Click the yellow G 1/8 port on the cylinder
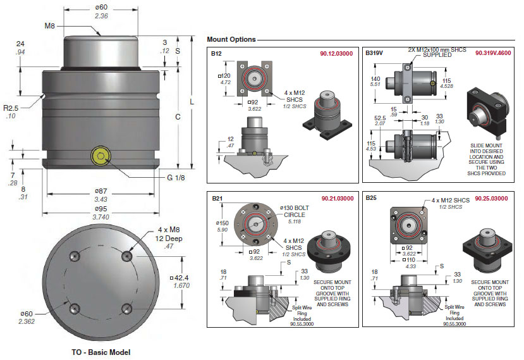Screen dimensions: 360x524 pos(100,156)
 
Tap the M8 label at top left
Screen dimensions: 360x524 pos(50,26)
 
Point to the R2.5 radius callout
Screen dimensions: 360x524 pos(18,108)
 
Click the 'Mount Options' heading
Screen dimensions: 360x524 pos(231,39)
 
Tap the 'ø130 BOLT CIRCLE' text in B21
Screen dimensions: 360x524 pos(293,213)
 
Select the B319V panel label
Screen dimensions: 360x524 pos(375,54)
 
